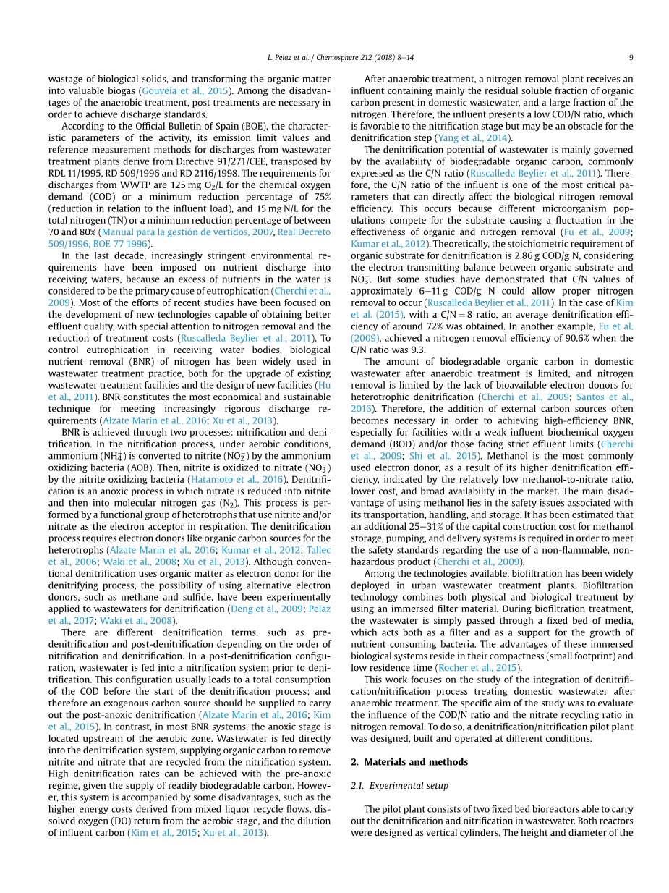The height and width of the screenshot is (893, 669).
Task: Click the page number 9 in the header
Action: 631,58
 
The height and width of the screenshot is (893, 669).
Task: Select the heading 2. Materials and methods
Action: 409,762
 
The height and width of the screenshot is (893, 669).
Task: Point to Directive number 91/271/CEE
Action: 233,161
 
